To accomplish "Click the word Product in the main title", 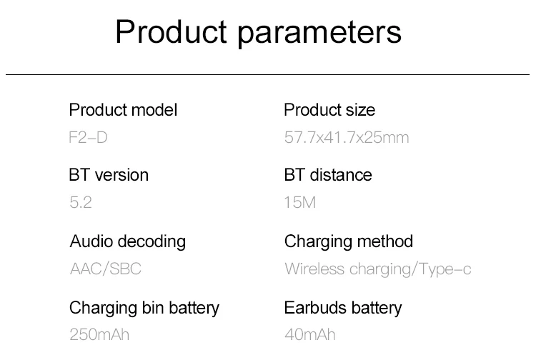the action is point(171,31).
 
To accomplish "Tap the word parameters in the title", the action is point(319,34).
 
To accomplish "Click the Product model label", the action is point(123,110).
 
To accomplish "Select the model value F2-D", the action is point(88,137).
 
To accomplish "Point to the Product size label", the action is point(329,110).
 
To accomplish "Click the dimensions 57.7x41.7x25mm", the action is point(347,137).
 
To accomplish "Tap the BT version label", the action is point(109,175).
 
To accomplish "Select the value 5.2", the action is point(81,202).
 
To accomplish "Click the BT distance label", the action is point(328,175).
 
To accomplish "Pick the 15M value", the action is point(300,202).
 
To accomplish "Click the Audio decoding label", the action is point(128,242).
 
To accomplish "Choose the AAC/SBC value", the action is point(106,269).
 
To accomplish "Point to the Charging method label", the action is point(349,242).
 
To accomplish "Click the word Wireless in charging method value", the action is point(314,269).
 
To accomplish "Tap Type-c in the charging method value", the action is point(445,269).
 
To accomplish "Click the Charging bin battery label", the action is point(144,308).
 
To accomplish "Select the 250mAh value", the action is point(99,334).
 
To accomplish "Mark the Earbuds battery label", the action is point(343,308).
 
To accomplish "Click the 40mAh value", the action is point(310,334).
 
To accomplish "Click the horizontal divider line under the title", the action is point(268,74).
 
